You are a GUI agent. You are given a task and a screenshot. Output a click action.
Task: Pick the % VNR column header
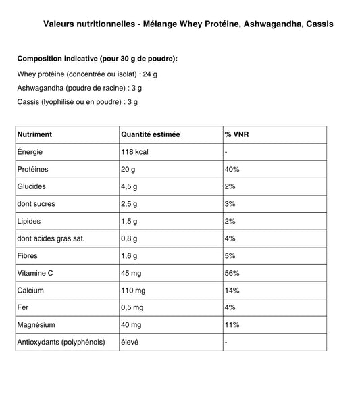236,134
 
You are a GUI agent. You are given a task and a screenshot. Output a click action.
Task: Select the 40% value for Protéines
232,169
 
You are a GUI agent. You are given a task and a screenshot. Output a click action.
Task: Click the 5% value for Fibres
230,255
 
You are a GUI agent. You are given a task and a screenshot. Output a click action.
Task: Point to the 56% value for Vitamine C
232,272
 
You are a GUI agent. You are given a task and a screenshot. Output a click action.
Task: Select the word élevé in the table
129,342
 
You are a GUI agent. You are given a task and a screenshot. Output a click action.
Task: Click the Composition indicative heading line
97,59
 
